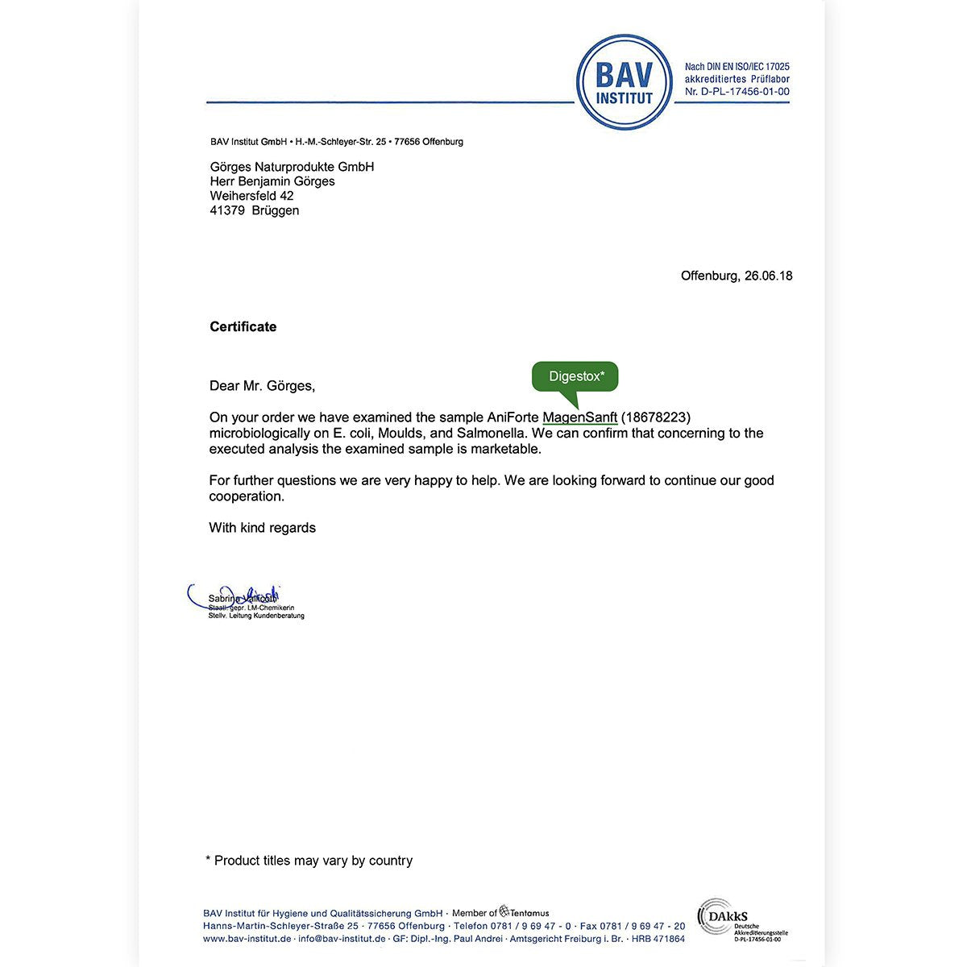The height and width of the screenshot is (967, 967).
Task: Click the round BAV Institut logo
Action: pos(625,82)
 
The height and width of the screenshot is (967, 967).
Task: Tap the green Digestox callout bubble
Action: pos(575,377)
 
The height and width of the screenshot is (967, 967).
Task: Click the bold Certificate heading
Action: pos(243,326)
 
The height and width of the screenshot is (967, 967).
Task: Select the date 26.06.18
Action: pos(768,276)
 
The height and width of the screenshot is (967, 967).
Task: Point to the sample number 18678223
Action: pos(656,417)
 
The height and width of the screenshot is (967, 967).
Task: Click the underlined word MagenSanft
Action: pos(580,417)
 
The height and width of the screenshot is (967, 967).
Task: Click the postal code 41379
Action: pos(227,210)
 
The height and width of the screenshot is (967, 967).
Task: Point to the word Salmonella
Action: pos(491,434)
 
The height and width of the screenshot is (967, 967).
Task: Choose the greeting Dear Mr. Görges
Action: pos(262,386)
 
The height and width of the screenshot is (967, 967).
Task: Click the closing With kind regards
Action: pos(262,528)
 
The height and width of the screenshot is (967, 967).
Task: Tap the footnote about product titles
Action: pos(309,861)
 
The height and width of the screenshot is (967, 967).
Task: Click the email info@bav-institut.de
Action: pos(342,939)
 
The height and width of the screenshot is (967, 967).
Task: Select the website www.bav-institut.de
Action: pos(247,939)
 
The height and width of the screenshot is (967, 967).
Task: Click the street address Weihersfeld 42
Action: pos(251,196)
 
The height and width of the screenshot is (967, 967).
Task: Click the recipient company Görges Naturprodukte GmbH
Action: pos(292,167)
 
